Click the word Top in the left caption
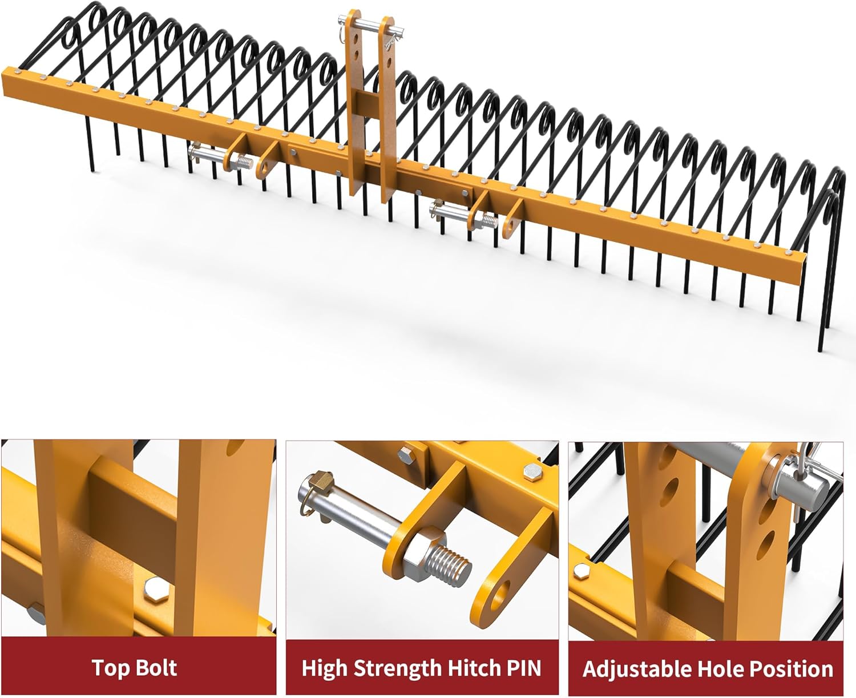[108, 668]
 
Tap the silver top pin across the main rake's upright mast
[372, 25]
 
